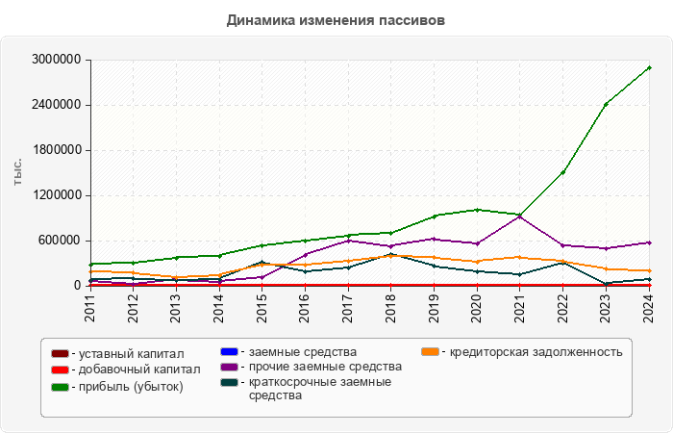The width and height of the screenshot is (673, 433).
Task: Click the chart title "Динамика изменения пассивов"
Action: [x=336, y=19]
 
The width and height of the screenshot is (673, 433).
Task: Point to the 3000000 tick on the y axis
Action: [x=57, y=60]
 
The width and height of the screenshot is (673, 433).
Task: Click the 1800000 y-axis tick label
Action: [x=57, y=150]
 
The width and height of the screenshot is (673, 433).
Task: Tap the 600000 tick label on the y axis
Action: [x=61, y=241]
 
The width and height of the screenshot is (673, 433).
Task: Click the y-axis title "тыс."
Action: [x=18, y=173]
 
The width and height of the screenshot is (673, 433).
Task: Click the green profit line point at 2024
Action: [x=649, y=67]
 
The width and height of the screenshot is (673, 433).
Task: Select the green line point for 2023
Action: [x=606, y=104]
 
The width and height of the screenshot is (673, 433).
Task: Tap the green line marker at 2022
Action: [x=563, y=172]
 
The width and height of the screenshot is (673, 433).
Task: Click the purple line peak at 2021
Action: [x=520, y=216]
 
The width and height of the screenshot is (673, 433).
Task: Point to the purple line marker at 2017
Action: [x=347, y=241]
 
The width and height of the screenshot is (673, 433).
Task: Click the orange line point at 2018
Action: [x=390, y=256]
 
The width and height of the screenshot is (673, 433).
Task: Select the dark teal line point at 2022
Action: [x=563, y=262]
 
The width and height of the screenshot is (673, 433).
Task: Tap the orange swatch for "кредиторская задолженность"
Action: [x=431, y=351]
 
